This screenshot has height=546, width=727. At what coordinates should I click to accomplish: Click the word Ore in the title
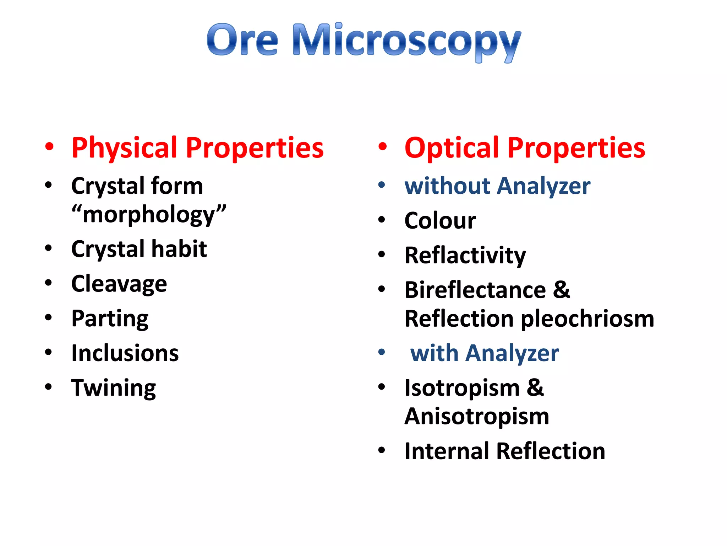click(x=242, y=40)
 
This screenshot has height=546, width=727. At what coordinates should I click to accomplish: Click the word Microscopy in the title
click(x=406, y=41)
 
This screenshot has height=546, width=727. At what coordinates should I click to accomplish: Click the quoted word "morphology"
click(x=149, y=215)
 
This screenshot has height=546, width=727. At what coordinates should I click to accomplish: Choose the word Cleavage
click(x=119, y=284)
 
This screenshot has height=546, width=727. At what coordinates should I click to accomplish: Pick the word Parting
click(x=110, y=318)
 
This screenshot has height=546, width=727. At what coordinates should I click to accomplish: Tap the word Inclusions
click(x=125, y=353)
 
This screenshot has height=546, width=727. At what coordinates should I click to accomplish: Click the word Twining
click(x=113, y=388)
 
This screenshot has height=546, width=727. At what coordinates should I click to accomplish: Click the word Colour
click(x=440, y=220)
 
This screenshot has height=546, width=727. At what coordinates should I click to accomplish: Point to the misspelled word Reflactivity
click(x=465, y=255)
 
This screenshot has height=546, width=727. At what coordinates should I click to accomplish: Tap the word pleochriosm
click(x=587, y=318)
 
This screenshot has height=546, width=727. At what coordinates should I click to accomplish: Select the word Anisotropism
click(x=477, y=416)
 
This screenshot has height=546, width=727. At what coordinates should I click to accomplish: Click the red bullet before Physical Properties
click(x=49, y=147)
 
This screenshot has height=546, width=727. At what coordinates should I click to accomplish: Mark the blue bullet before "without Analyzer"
click(x=382, y=185)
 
